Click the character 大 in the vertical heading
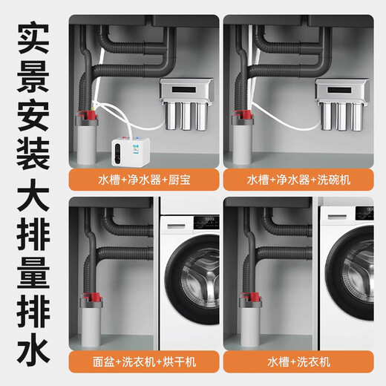pyautogui.click(x=33, y=215)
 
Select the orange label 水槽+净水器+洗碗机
pyautogui.click(x=303, y=180)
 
